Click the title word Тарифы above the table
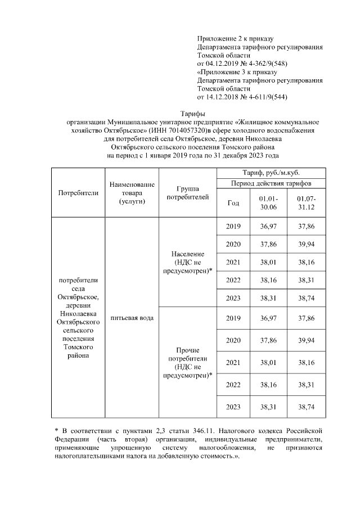click(x=193, y=114)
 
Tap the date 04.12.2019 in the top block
click(x=221, y=64)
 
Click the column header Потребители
click(x=78, y=192)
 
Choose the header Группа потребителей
click(x=188, y=192)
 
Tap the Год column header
click(x=233, y=204)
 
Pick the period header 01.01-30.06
click(x=268, y=204)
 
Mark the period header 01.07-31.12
click(x=307, y=204)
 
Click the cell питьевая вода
click(x=132, y=318)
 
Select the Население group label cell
click(x=188, y=262)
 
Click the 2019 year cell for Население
click(x=233, y=227)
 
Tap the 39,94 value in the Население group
click(x=307, y=245)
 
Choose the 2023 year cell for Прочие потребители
click(x=233, y=407)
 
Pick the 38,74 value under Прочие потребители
click(x=307, y=407)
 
